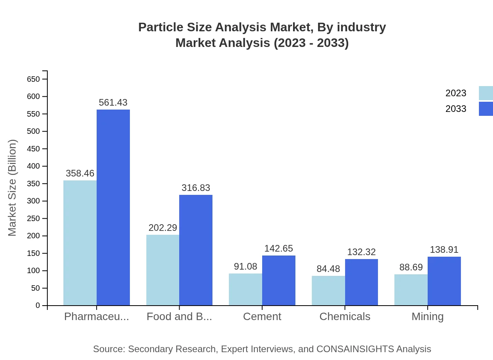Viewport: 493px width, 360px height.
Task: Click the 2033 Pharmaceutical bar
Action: tap(113, 207)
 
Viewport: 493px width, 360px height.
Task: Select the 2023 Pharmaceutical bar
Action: tap(80, 243)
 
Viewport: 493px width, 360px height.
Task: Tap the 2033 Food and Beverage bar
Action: tap(196, 250)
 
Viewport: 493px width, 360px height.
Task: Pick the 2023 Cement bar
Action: tap(245, 289)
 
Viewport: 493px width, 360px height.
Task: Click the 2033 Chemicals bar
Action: tap(362, 282)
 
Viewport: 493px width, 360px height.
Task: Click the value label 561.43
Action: tap(113, 103)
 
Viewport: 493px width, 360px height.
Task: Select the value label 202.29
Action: tap(163, 228)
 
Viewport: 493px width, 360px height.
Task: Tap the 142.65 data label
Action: tap(279, 248)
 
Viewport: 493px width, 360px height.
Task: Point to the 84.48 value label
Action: tap(328, 269)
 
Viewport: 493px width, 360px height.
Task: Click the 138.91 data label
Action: tap(444, 250)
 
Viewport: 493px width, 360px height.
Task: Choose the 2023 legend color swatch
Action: tap(486, 93)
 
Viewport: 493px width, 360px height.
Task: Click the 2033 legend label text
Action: tap(456, 109)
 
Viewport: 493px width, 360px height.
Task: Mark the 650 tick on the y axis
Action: tap(33, 79)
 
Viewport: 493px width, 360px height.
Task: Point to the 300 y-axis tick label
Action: tap(33, 201)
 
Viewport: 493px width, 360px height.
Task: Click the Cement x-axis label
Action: tap(262, 317)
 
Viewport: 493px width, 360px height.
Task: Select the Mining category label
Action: tap(428, 317)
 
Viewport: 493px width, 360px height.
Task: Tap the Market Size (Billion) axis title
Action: tap(13, 188)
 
